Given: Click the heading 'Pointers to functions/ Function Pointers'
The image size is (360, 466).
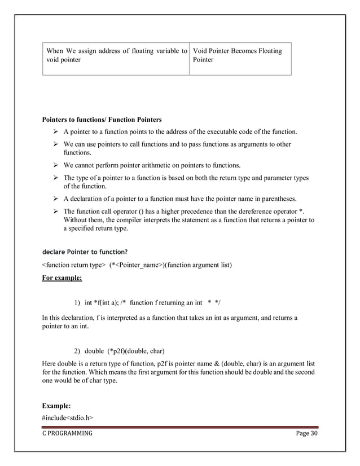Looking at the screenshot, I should coord(102,120).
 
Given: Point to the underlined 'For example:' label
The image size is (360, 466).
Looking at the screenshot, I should coord(62,278).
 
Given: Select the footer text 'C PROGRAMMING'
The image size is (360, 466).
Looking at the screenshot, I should coord(67,432).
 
